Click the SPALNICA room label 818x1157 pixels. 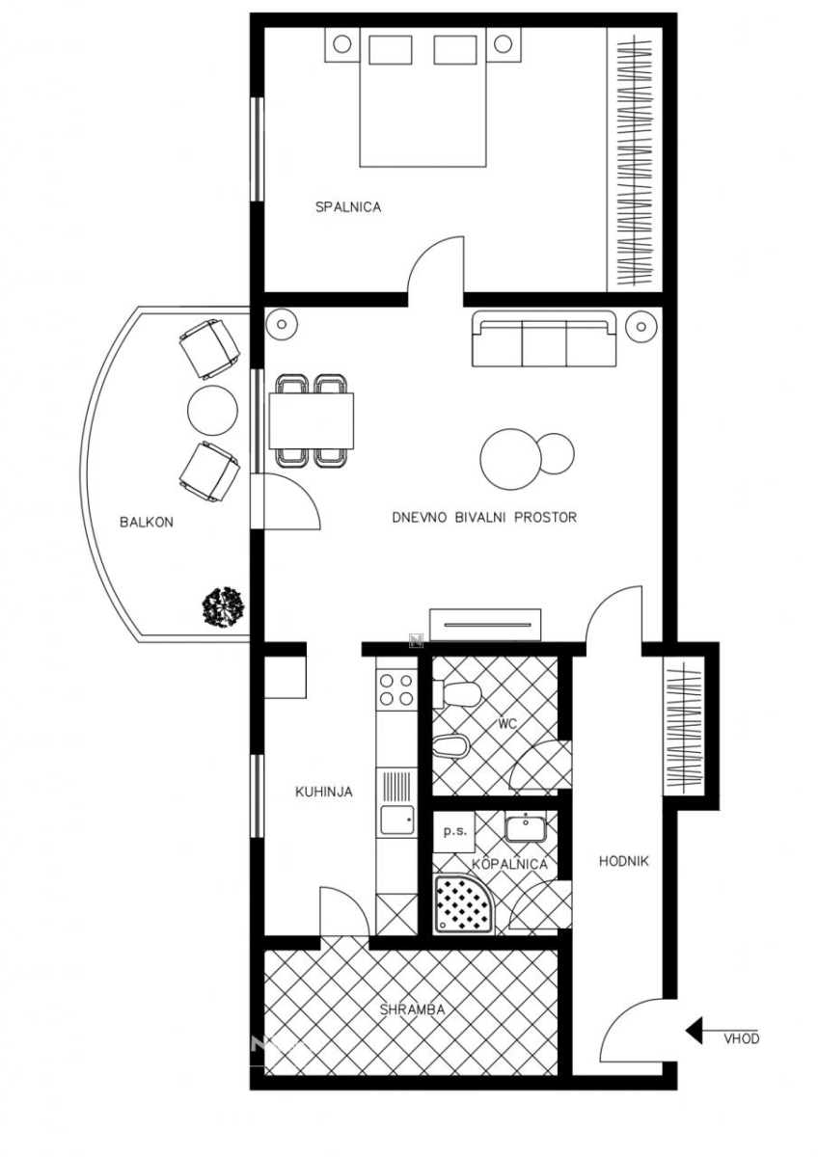click(348, 207)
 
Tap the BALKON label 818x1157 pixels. click(147, 523)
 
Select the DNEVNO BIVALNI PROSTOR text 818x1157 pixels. click(484, 517)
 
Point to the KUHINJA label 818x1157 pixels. click(324, 792)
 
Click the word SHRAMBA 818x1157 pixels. click(412, 1009)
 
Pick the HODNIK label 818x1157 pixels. click(624, 861)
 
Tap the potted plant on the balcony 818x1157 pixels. click(223, 606)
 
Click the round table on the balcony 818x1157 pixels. click(212, 411)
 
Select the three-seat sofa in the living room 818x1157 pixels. click(544, 338)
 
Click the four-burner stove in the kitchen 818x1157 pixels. click(396, 690)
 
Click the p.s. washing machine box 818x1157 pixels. click(454, 831)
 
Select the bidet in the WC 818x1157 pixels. click(450, 746)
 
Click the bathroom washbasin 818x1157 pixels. click(525, 827)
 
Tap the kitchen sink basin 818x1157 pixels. click(397, 821)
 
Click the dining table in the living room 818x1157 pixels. click(312, 421)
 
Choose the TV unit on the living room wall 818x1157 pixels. click(485, 625)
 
